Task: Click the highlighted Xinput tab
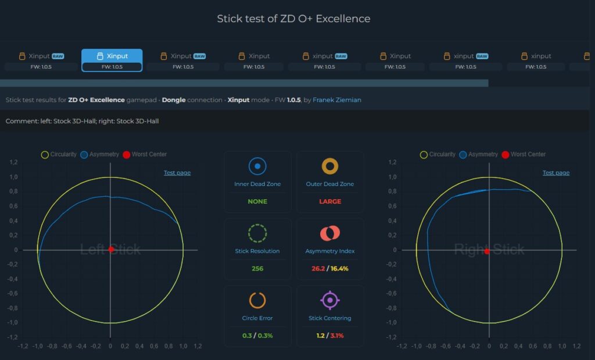(112, 60)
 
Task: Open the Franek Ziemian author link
(336, 100)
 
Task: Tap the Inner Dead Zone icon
(257, 166)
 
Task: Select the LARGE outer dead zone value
(330, 201)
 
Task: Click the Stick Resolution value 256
(257, 269)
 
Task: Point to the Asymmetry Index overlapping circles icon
(330, 233)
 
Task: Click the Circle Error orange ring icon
(257, 300)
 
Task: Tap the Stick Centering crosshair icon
(330, 300)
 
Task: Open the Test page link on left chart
(177, 172)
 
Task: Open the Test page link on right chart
(556, 172)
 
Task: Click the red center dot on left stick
(111, 249)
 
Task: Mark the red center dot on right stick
(487, 251)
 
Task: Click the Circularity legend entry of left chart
(59, 154)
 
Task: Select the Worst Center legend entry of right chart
(524, 154)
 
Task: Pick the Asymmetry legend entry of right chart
(479, 154)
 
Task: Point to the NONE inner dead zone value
(257, 201)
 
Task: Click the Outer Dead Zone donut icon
(330, 166)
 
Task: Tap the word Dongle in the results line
(174, 100)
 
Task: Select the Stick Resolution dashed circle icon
(257, 224)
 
